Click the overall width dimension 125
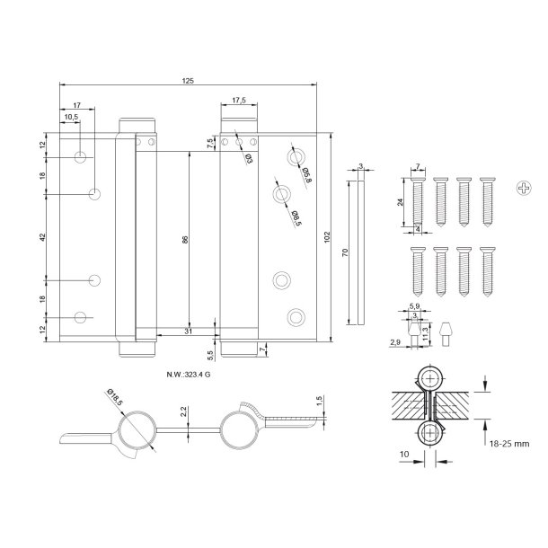(187, 81)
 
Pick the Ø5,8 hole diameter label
(305, 173)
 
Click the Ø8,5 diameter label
(294, 215)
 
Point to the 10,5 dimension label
(70, 117)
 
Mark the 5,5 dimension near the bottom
(210, 355)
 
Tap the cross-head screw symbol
(524, 187)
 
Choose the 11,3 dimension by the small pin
(425, 329)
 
